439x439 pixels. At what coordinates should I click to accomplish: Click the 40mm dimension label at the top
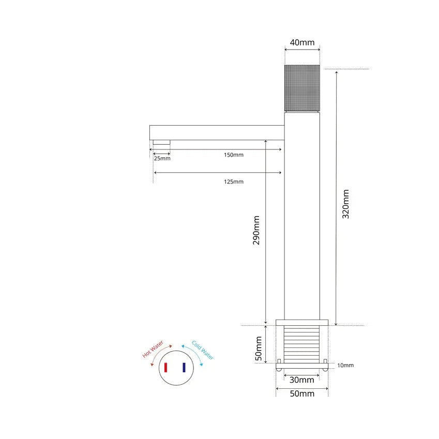(302, 42)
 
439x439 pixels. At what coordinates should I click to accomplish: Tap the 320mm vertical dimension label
(346, 204)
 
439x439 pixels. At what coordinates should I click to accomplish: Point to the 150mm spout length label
(234, 155)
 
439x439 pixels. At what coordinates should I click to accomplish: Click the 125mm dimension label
(234, 181)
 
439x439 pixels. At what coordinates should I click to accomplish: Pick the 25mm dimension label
(162, 158)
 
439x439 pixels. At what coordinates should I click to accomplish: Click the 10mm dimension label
(345, 366)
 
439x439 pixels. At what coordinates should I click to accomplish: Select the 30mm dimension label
(301, 380)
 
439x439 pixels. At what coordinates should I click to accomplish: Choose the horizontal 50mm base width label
(301, 394)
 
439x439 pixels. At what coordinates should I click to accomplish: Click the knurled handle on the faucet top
(302, 88)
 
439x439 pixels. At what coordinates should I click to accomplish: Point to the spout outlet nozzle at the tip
(161, 143)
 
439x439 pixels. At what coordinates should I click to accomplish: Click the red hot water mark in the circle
(166, 368)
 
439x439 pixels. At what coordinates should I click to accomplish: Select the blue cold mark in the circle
(184, 368)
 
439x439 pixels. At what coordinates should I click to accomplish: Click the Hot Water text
(153, 350)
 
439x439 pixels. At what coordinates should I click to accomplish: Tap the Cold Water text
(202, 350)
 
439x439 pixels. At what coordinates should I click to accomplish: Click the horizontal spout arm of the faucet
(217, 132)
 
